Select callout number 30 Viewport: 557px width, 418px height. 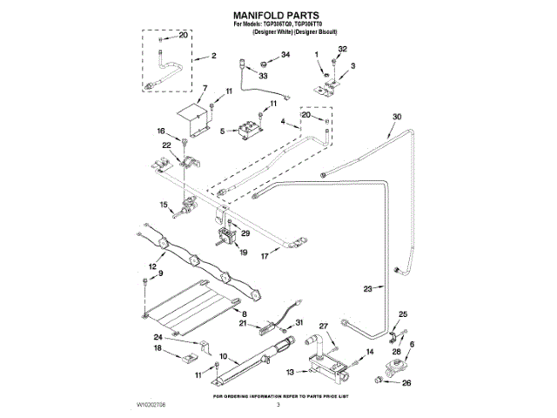click(397, 116)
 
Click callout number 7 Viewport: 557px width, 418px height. click(205, 88)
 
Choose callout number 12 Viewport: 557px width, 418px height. click(151, 266)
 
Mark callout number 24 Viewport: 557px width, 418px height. click(158, 337)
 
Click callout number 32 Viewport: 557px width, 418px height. click(342, 49)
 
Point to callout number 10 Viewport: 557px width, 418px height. click(223, 356)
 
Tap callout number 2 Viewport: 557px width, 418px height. click(213, 56)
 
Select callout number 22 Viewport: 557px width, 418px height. click(166, 145)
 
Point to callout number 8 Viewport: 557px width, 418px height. click(245, 313)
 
